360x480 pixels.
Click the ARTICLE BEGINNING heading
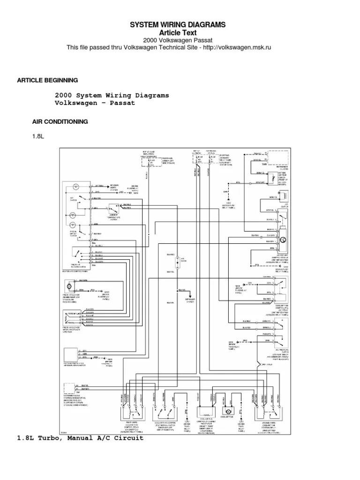[47, 80]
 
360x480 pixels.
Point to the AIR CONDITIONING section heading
[60, 121]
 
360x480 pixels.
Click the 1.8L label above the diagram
[37, 136]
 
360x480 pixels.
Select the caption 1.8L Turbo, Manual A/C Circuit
[80, 438]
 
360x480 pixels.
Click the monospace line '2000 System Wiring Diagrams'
[112, 95]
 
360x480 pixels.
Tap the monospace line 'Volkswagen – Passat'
[95, 103]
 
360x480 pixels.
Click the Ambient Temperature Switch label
[114, 217]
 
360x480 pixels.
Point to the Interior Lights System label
[114, 187]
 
